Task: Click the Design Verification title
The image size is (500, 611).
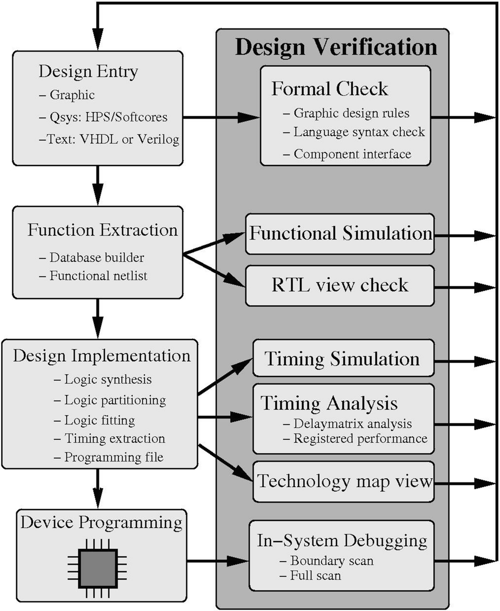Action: click(x=335, y=47)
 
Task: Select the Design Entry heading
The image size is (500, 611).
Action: click(x=88, y=71)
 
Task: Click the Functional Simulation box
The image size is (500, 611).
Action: click(x=340, y=233)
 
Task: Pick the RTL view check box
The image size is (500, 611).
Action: click(x=340, y=285)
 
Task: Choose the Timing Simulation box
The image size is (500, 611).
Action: click(x=342, y=358)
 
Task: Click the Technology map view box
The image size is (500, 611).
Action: click(x=344, y=481)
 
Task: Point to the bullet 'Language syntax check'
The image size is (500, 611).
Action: click(x=358, y=132)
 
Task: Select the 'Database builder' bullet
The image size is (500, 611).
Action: click(x=96, y=258)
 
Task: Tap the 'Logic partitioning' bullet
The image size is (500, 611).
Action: click(x=114, y=400)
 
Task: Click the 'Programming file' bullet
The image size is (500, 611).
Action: click(x=113, y=457)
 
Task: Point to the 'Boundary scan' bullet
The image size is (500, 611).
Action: click(x=331, y=560)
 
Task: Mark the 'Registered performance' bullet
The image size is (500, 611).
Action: click(x=360, y=438)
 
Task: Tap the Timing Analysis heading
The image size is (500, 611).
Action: click(x=329, y=402)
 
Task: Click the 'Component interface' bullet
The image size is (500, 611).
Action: click(x=352, y=154)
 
